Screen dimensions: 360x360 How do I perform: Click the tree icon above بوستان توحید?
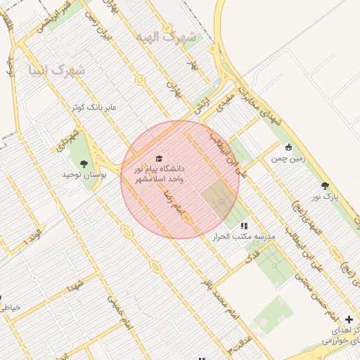coord(84,164)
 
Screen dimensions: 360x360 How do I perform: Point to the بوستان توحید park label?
coord(84,174)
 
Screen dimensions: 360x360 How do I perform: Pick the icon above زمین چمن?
coord(288,148)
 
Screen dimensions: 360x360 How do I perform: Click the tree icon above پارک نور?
coord(325,186)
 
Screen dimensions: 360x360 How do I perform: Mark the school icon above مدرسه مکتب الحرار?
coord(244,226)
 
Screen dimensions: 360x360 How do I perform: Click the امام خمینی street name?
coord(119,311)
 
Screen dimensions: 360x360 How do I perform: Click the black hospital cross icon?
coord(349,320)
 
